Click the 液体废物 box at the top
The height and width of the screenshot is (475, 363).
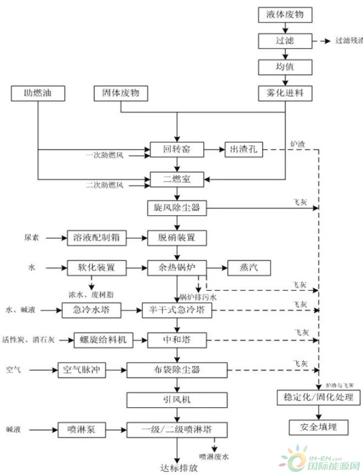284,14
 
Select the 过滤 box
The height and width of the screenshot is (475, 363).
284,41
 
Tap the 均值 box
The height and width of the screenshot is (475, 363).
284,66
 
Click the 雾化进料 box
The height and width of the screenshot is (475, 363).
284,93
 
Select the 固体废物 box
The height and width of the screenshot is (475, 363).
121,93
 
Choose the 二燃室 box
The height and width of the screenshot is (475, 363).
177,179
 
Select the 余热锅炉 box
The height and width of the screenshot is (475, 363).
177,267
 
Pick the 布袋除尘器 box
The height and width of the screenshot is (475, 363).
177,368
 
